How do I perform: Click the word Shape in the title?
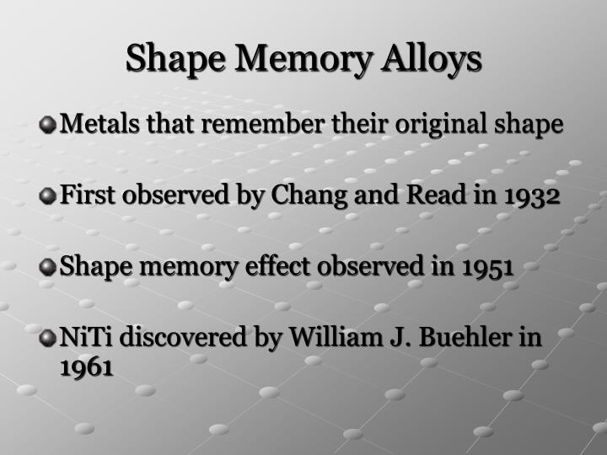(x=173, y=59)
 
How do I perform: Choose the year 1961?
(x=87, y=367)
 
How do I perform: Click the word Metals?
(x=92, y=126)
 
